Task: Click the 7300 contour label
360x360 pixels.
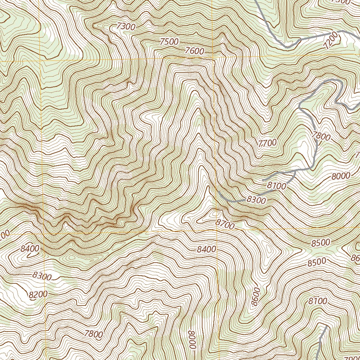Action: [126, 26]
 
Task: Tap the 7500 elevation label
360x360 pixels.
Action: [169, 41]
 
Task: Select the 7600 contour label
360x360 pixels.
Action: [194, 51]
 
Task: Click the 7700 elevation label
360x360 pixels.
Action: [267, 143]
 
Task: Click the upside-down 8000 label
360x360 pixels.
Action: [192, 339]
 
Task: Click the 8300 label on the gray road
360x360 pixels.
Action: [256, 200]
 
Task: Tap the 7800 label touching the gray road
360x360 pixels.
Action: [321, 135]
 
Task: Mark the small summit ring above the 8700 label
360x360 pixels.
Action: [215, 213]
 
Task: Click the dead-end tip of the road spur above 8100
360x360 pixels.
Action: [263, 180]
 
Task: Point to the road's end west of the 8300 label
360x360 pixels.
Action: [218, 192]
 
